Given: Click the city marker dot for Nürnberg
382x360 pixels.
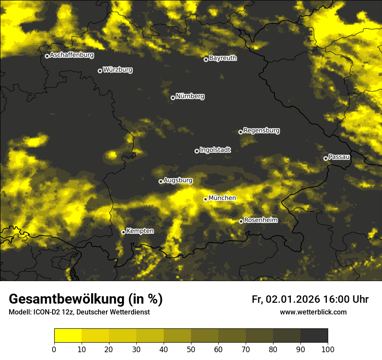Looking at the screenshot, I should [x=173, y=98].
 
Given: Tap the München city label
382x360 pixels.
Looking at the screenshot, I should [x=222, y=198].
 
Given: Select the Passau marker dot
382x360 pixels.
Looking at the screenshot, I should [x=326, y=158].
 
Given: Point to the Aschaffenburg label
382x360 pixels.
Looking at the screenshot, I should [x=72, y=55].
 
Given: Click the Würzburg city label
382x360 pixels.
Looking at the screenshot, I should [x=118, y=70].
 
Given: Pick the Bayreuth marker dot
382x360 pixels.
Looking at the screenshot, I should [x=206, y=59].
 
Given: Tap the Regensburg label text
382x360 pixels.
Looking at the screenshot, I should [x=261, y=131].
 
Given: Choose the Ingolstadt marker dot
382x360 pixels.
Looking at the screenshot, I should [x=197, y=151].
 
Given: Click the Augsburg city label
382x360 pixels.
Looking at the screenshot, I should [x=178, y=180].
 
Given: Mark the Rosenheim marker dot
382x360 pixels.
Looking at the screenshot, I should [x=241, y=221].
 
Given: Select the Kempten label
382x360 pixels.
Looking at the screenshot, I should [x=140, y=231].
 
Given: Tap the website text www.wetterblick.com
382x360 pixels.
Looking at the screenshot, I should [x=313, y=312].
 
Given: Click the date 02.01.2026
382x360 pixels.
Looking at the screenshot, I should [x=293, y=299].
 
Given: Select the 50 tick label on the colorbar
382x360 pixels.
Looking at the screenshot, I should [x=191, y=349].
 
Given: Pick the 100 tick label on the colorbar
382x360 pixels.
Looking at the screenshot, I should [x=328, y=349].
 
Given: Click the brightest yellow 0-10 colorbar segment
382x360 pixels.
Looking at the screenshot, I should [x=68, y=336].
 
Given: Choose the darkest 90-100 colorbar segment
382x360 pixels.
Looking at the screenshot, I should [x=314, y=336].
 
